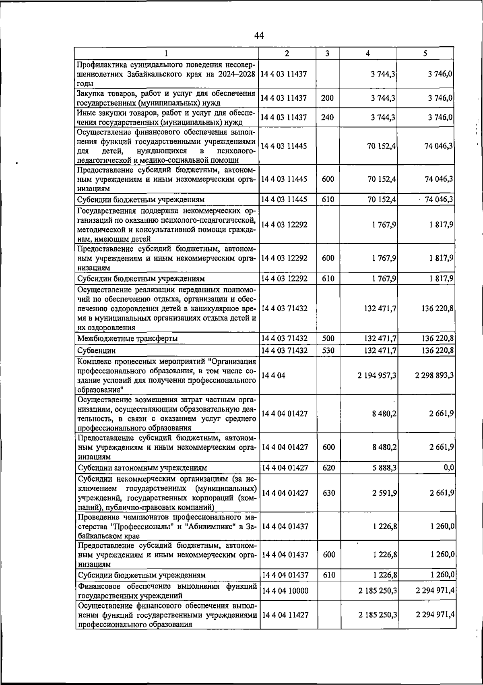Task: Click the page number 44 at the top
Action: [x=259, y=36]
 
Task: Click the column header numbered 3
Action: [x=327, y=53]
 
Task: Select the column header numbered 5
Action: [x=425, y=53]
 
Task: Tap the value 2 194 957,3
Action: [x=377, y=375]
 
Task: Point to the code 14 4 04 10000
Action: [x=285, y=590]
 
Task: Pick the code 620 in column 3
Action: [x=329, y=468]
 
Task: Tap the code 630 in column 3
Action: [x=329, y=493]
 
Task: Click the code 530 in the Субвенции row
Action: [x=328, y=350]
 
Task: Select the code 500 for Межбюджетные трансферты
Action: [x=328, y=338]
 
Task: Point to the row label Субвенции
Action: [x=96, y=350]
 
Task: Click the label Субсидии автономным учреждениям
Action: [x=142, y=468]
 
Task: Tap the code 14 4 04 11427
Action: [x=285, y=615]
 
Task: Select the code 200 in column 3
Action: [x=327, y=98]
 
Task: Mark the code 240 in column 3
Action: [x=327, y=117]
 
